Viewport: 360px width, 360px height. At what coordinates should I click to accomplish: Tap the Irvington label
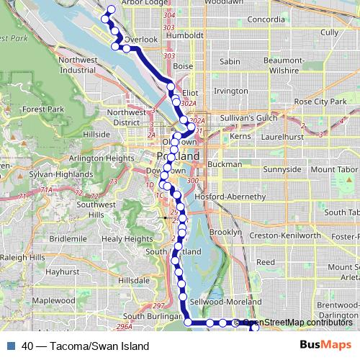click(x=230, y=91)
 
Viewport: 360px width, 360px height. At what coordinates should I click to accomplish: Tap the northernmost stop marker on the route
click(x=111, y=10)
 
